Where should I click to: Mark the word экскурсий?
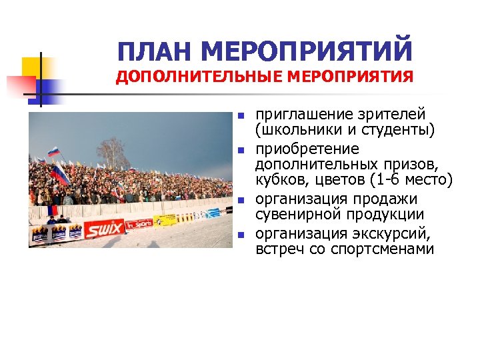point(393,233)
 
